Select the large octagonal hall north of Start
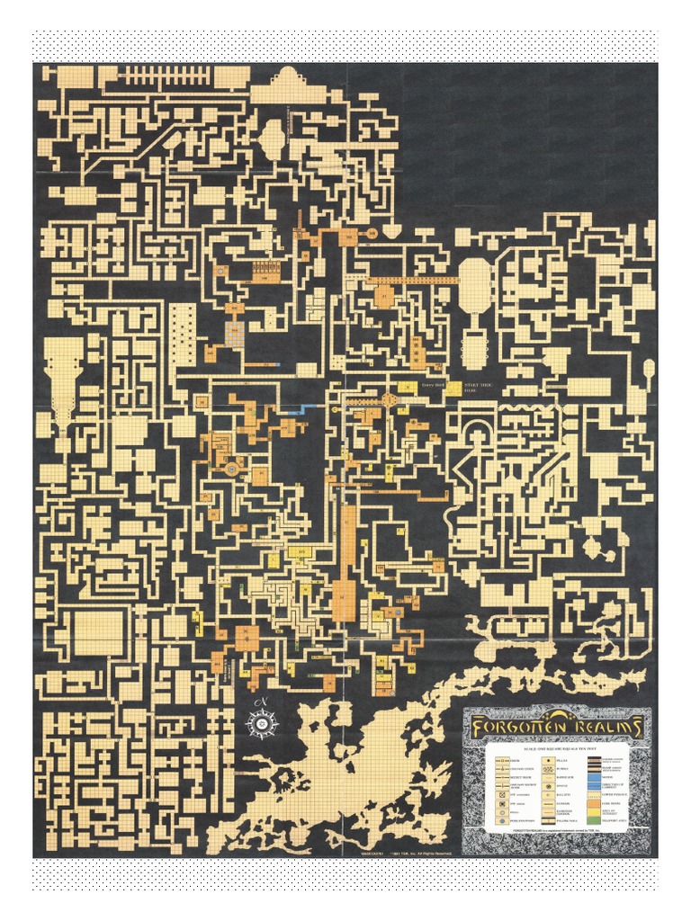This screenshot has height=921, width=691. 473,284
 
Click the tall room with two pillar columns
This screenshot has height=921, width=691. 182,333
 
